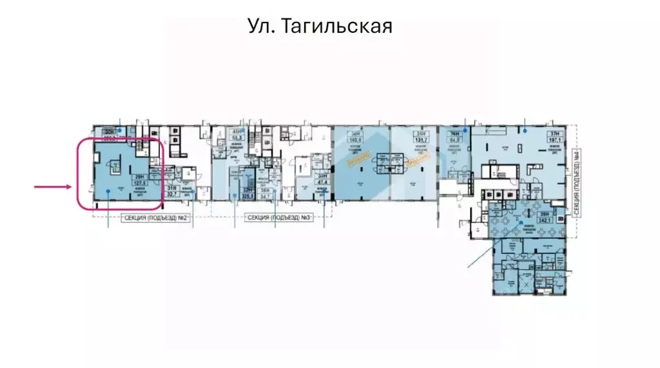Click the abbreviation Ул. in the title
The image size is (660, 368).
262,26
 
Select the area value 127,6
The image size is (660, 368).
138,182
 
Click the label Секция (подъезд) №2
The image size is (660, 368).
153,218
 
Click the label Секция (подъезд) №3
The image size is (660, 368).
277,218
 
